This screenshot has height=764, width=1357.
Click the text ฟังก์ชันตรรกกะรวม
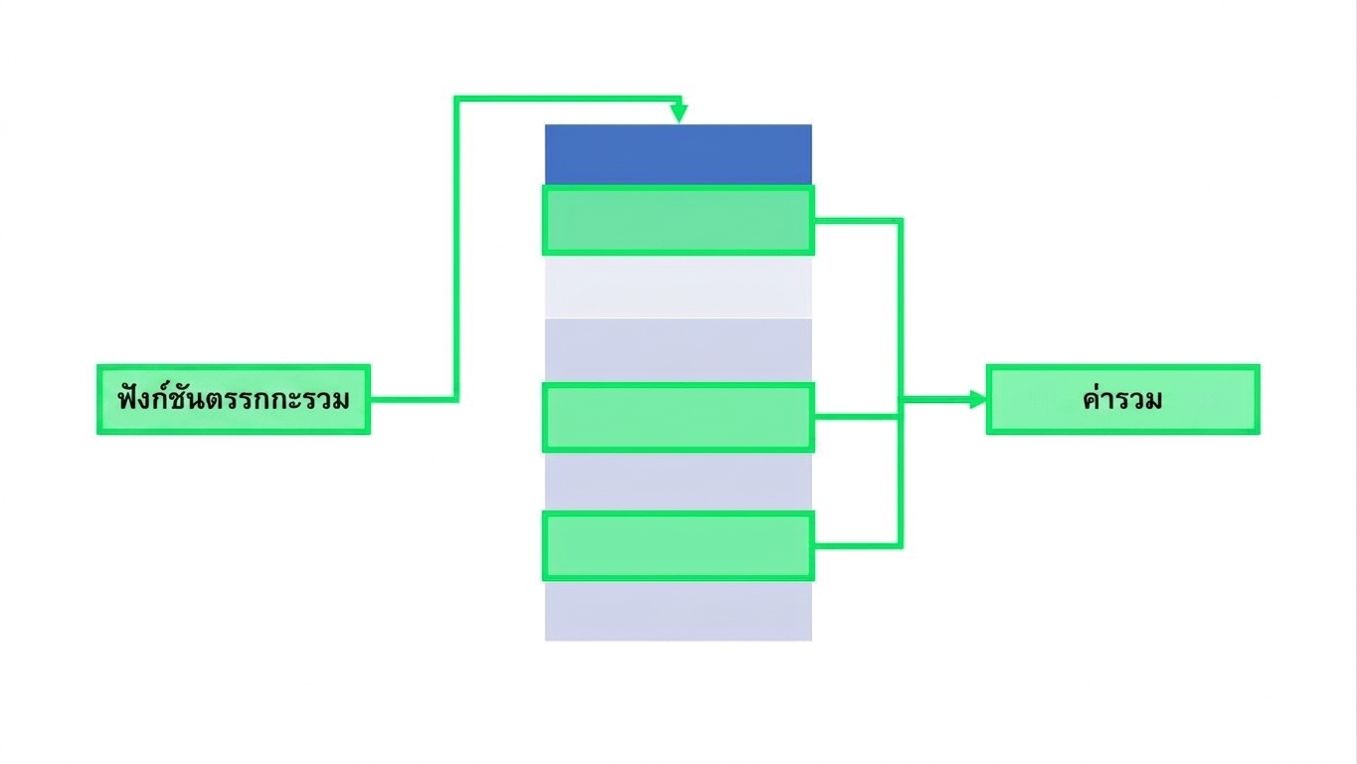tap(234, 400)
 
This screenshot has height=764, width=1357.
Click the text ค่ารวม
tap(1122, 399)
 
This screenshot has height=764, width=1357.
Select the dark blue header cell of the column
tap(678, 154)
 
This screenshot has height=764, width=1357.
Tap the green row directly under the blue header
tap(678, 220)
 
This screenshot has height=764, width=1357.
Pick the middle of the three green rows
tap(678, 417)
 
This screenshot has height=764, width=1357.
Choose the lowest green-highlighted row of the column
tap(678, 546)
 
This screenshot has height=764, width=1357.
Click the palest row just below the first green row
tap(678, 286)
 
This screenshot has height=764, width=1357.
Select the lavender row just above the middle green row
tap(678, 350)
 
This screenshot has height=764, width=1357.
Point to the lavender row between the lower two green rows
tap(678, 482)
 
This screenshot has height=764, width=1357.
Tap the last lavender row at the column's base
tap(678, 611)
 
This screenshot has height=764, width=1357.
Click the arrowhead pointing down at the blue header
tap(679, 113)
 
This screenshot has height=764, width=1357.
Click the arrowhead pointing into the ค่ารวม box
tap(978, 400)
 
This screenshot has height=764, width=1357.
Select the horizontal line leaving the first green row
tap(857, 221)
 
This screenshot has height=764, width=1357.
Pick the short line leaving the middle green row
tap(856, 417)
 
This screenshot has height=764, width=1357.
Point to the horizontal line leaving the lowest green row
tap(857, 546)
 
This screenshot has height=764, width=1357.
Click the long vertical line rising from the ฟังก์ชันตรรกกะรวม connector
tap(456, 249)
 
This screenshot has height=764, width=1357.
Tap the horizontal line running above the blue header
tap(568, 98)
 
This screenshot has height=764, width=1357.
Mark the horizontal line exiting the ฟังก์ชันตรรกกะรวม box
tap(414, 400)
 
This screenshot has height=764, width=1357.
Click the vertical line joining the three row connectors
tap(901, 383)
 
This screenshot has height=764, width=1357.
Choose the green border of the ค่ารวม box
tap(1123, 366)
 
